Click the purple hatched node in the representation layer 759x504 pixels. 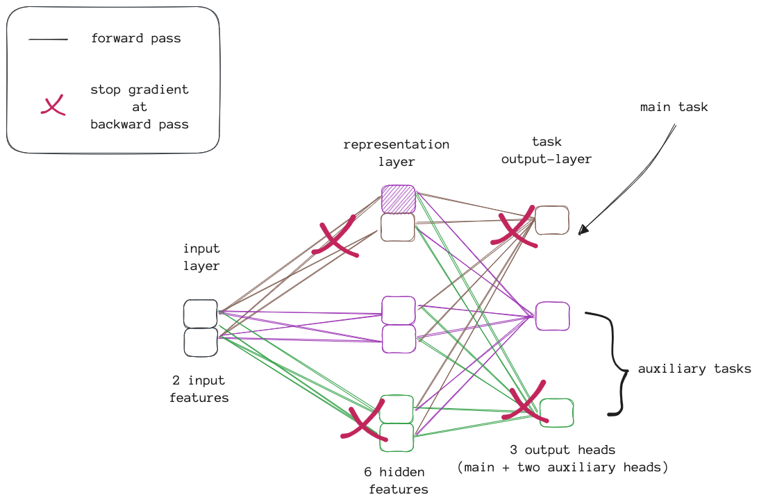[399, 199]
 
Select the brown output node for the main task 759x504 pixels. [552, 220]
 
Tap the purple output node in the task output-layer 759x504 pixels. [553, 316]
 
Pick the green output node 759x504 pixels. [557, 412]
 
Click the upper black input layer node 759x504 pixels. [201, 314]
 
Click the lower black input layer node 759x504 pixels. [201, 342]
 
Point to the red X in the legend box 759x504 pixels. [53, 106]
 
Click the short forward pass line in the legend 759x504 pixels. [48, 40]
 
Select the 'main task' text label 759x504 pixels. [674, 107]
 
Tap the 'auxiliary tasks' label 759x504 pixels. [694, 369]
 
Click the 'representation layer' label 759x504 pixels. [397, 153]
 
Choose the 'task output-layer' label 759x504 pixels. [547, 150]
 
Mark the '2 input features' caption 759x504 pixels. [199, 389]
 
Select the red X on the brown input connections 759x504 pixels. [336, 236]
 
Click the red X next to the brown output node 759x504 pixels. [515, 227]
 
